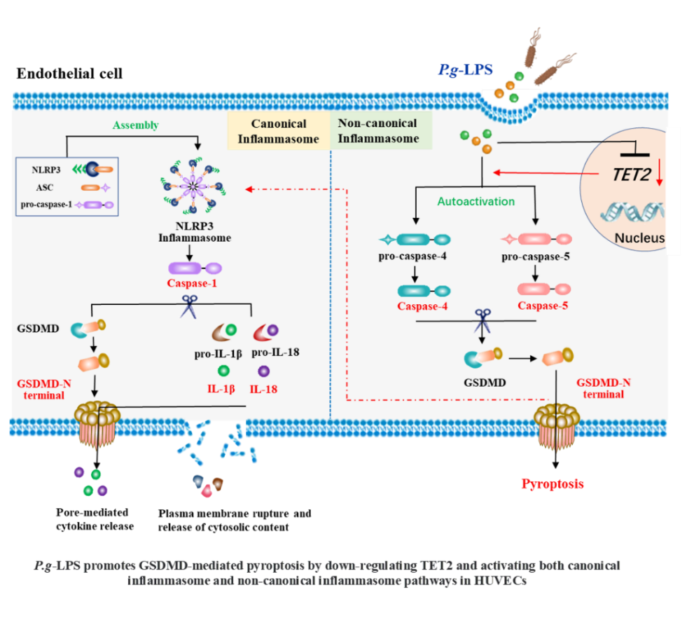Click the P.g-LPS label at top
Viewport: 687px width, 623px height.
click(465, 70)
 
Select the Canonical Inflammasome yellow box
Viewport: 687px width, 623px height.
click(278, 131)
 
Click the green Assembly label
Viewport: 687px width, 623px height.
click(135, 125)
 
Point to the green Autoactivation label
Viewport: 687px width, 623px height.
click(476, 201)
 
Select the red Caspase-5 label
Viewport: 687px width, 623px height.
click(543, 306)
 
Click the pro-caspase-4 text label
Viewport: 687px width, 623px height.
click(412, 256)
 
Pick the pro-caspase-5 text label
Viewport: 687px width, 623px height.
click(536, 256)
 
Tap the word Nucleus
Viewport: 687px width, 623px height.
click(639, 238)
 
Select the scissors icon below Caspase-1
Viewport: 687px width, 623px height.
click(189, 307)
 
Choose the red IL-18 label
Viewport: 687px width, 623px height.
click(263, 387)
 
